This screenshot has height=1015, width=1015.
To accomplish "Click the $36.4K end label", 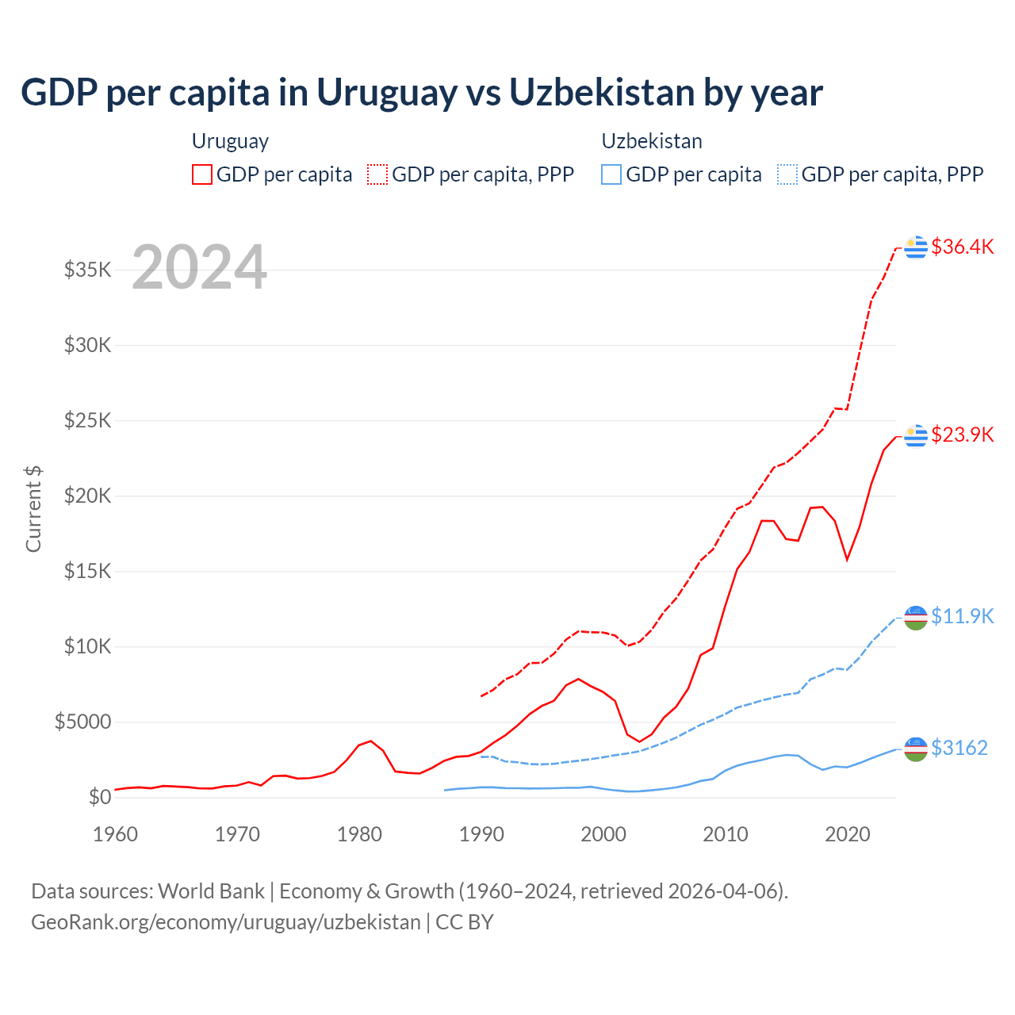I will [962, 247].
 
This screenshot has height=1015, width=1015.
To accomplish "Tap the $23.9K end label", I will [962, 435].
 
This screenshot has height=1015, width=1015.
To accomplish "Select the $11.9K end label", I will [962, 616].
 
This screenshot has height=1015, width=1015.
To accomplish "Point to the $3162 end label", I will [959, 748].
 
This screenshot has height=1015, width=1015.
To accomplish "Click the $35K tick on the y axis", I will [88, 270].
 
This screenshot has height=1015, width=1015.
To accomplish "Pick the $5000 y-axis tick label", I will [83, 722].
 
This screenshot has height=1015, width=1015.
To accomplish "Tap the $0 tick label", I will [100, 797].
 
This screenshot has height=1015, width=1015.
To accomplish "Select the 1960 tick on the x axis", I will [116, 834].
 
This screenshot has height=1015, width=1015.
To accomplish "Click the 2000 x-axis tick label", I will [603, 834].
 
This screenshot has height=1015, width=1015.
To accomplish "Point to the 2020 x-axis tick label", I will [848, 834].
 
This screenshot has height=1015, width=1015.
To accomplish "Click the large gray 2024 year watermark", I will [199, 267].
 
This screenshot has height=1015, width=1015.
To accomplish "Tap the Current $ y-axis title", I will [33, 509].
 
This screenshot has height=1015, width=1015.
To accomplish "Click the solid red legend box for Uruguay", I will [202, 174].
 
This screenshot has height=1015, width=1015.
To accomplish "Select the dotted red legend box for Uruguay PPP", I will [377, 174].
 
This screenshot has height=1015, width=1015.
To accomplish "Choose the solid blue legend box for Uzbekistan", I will [611, 174].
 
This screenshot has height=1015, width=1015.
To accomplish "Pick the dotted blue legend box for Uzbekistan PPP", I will [787, 174].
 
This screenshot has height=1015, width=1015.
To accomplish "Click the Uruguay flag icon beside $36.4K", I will [916, 247].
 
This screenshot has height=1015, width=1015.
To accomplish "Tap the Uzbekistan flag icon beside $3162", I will [916, 749].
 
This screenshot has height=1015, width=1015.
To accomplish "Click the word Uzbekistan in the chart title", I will [602, 93].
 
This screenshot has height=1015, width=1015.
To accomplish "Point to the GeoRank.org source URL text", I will [226, 922].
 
